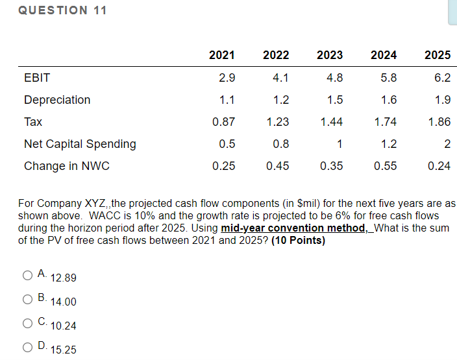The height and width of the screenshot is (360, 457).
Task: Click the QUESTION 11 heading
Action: (x=62, y=10)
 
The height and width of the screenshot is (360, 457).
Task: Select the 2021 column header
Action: (x=222, y=55)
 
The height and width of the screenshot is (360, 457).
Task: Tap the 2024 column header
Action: (x=384, y=55)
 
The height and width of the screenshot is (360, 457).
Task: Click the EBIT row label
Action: (x=37, y=78)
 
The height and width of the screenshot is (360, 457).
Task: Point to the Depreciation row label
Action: (x=57, y=100)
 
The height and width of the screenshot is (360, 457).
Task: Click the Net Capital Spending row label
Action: (x=80, y=144)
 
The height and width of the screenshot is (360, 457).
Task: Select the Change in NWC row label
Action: (x=67, y=166)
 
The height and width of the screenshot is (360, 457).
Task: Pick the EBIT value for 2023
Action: (x=334, y=78)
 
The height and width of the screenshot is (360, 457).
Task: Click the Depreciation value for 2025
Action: (x=443, y=100)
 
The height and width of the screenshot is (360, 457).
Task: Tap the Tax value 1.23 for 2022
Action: (x=278, y=122)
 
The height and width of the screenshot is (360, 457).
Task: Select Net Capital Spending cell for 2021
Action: (x=227, y=144)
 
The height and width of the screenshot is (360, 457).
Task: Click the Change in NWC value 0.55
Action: (x=386, y=166)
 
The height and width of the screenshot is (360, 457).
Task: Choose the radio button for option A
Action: (x=27, y=275)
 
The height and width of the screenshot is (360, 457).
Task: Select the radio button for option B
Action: (x=27, y=299)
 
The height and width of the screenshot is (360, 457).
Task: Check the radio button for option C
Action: (x=27, y=323)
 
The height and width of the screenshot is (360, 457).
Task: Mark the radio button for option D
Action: (x=27, y=347)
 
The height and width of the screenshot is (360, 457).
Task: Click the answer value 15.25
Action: (x=63, y=350)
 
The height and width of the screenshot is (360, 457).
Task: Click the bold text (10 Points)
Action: (x=298, y=240)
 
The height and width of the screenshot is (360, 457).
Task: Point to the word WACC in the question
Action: (x=105, y=216)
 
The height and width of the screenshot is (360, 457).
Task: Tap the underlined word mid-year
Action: (x=243, y=228)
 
